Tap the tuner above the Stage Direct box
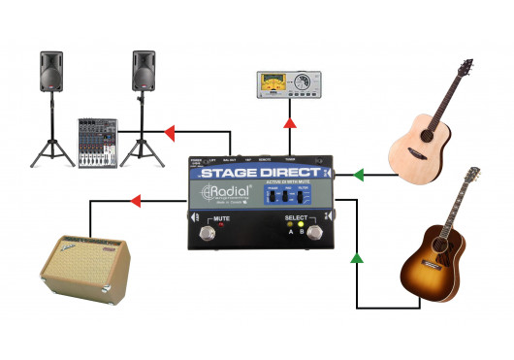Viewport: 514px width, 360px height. pyautogui.click(x=288, y=85)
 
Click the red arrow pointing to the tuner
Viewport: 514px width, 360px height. pyautogui.click(x=289, y=124)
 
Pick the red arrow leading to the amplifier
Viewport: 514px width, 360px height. pyautogui.click(x=136, y=202)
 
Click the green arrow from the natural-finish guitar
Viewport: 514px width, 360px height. pyautogui.click(x=357, y=176)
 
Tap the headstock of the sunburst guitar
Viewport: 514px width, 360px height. pyautogui.click(x=472, y=178)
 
